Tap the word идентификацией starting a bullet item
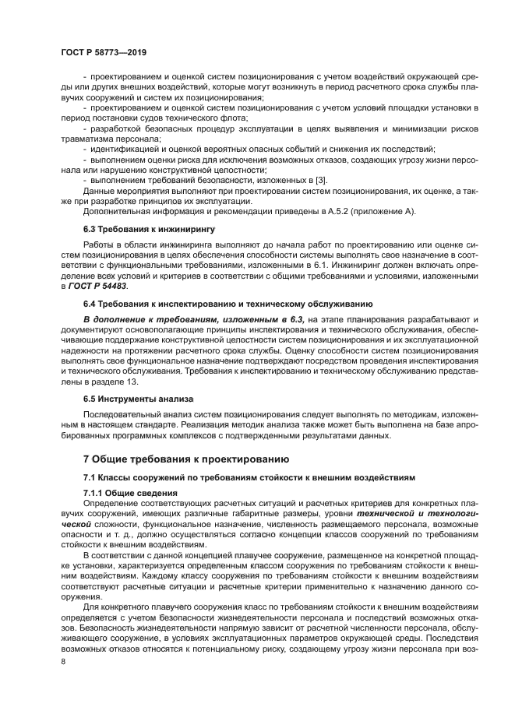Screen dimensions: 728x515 point(127,148)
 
